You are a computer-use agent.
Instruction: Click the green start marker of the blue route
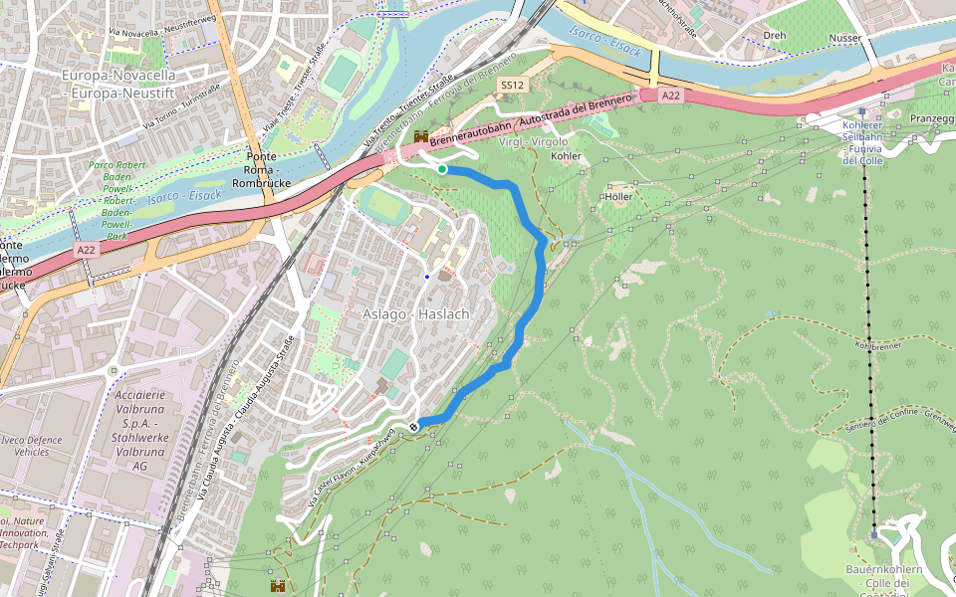coord(442,169)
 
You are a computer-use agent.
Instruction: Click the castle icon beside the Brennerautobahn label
coord(421,136)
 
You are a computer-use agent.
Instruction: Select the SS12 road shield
coord(513,86)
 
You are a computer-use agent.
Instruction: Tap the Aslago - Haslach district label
coord(415,313)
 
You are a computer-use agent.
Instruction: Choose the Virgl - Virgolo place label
coord(532,141)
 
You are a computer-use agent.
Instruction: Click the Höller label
coord(618,196)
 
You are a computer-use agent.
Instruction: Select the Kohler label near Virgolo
coord(566,156)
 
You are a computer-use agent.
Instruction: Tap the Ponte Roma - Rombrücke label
coord(260,170)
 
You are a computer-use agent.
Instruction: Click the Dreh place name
coord(774,35)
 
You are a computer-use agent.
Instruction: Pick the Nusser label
coord(844,38)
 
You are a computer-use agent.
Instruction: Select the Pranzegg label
coord(931,118)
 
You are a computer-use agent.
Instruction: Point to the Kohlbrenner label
coord(877,344)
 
